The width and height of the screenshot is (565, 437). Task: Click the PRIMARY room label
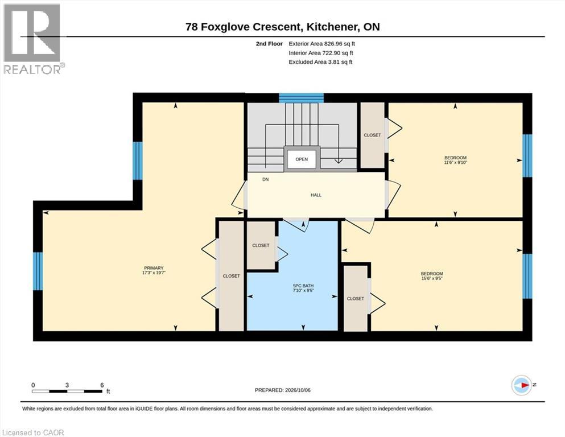(154, 268)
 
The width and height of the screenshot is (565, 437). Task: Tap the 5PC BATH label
(303, 286)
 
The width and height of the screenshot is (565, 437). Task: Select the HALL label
(316, 195)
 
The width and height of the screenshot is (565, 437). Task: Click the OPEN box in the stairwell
(302, 159)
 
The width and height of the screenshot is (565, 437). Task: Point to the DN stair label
(266, 179)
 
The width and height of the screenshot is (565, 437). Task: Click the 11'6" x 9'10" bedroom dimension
(455, 163)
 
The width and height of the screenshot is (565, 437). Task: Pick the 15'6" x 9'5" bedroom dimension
(432, 278)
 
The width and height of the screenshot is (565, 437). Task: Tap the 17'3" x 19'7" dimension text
(154, 273)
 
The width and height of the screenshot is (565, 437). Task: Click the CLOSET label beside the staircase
(372, 135)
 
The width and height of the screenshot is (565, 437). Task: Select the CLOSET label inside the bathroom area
(261, 245)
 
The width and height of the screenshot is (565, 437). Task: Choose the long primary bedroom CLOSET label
(232, 276)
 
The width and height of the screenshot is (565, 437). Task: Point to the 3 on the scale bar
(67, 385)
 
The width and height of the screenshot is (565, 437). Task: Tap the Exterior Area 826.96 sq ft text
(322, 44)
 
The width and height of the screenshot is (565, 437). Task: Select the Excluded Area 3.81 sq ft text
(321, 62)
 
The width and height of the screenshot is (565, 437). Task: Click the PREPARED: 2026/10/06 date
(282, 390)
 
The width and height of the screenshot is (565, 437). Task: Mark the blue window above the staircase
(302, 98)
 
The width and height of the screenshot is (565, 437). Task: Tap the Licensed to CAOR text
(33, 432)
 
